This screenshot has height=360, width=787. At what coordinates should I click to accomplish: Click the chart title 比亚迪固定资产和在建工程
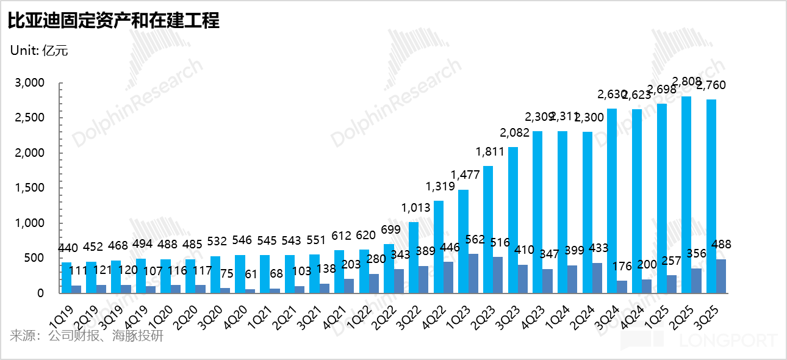click(113, 21)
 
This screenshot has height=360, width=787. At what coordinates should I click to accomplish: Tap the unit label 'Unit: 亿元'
click(39, 51)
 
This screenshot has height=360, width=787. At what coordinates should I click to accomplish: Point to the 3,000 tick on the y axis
click(29, 83)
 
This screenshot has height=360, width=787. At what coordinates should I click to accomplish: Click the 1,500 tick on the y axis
click(29, 188)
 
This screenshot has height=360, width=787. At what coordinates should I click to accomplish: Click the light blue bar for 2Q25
click(686, 195)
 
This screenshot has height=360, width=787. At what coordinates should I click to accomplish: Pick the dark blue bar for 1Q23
click(473, 273)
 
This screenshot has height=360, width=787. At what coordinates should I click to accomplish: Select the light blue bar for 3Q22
click(414, 257)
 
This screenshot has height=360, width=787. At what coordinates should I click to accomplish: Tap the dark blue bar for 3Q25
click(721, 276)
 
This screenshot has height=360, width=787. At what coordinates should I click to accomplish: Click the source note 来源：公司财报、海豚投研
click(87, 336)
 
